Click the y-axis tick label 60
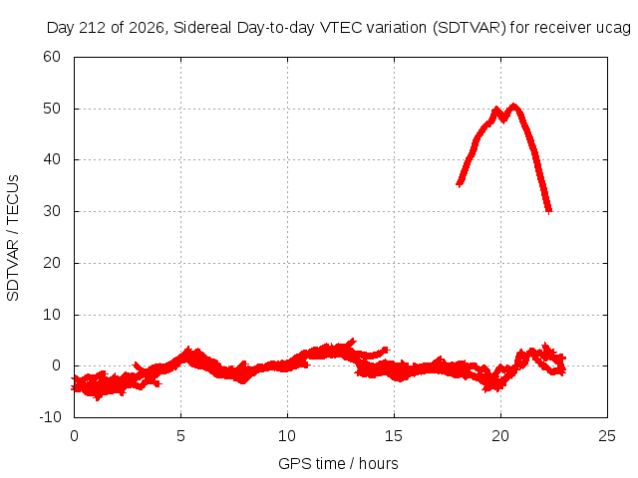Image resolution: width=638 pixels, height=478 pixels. coord(52,57)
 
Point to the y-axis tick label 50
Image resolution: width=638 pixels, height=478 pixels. coord(52,109)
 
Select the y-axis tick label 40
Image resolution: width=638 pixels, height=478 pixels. coord(52,159)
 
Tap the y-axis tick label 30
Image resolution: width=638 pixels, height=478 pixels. coord(52,211)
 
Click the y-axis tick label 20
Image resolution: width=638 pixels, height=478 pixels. coord(52,263)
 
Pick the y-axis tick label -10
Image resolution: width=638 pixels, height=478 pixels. coord(50,416)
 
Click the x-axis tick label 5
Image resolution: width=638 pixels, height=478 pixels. coord(180,436)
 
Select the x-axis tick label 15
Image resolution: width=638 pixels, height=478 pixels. coord(394,436)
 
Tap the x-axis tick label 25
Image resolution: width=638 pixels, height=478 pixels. coord(607,436)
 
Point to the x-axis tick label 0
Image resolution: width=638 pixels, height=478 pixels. coord(74,436)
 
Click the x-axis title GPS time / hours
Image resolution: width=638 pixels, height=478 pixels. coord(338,464)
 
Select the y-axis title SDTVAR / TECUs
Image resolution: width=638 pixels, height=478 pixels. coord(13,238)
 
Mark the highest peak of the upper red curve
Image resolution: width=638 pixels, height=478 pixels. coord(514,108)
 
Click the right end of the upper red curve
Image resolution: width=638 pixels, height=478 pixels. coord(549,211)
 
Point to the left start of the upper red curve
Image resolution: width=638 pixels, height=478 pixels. coord(459,184)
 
